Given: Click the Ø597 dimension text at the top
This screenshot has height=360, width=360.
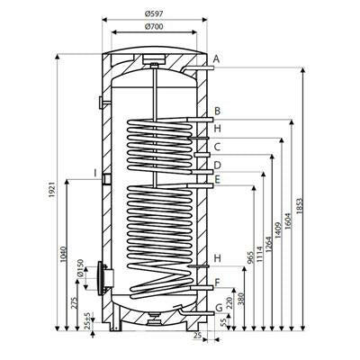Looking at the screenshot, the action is point(154,13).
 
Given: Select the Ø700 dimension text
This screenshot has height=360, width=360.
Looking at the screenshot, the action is point(154,27).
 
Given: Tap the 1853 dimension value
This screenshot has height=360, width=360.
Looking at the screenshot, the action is point(300,206).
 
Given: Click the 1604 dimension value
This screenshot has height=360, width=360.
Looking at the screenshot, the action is point(288,221).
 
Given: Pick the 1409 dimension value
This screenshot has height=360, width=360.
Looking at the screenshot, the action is point(278,230).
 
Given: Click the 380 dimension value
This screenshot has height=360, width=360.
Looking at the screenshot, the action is point(242,299).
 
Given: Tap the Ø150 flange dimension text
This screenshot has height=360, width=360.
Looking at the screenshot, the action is point(80,268).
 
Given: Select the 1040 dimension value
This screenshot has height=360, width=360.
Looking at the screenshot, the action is point(63,254).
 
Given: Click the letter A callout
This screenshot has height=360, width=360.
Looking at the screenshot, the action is point(216,59).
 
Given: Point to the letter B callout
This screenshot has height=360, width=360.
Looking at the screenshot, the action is point(218,111).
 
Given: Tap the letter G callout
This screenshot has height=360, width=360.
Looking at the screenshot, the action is point(220,308).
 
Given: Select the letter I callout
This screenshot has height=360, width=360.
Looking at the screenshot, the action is point(95,173).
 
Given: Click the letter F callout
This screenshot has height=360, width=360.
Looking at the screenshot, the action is point(218,283).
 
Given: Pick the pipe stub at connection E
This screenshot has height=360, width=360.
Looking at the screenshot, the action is point(200,186).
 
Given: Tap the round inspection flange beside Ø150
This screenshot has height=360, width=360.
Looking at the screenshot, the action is point(100,278).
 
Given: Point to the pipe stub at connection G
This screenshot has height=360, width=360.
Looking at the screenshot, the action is point(197,313).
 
